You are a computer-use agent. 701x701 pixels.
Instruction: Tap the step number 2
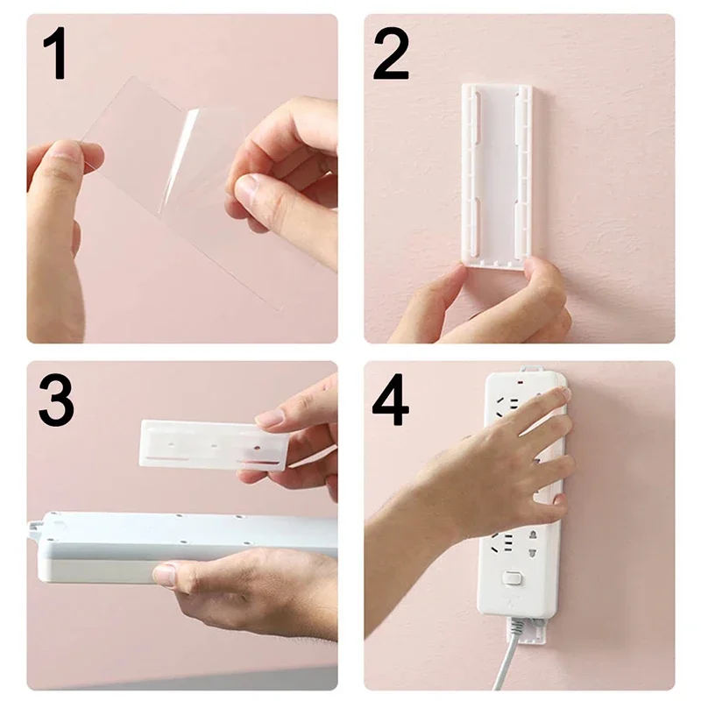392,54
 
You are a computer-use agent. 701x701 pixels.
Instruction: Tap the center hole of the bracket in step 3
213,446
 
